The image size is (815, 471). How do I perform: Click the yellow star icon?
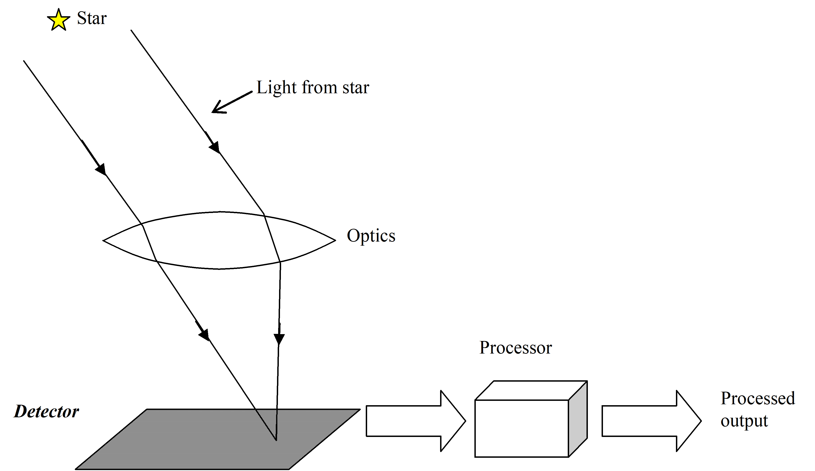[x=59, y=20]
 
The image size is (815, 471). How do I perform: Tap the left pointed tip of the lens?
[x=103, y=241]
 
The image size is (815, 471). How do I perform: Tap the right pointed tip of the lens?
[x=335, y=240]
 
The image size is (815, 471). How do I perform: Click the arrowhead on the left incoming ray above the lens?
[x=101, y=169]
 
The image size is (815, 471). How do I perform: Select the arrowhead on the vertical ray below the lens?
[x=279, y=338]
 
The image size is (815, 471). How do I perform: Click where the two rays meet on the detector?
[x=276, y=439]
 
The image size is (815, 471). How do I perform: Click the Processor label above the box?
[x=515, y=348]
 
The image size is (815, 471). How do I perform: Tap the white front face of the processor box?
[x=521, y=428]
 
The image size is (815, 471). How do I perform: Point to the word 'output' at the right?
[x=744, y=421]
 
